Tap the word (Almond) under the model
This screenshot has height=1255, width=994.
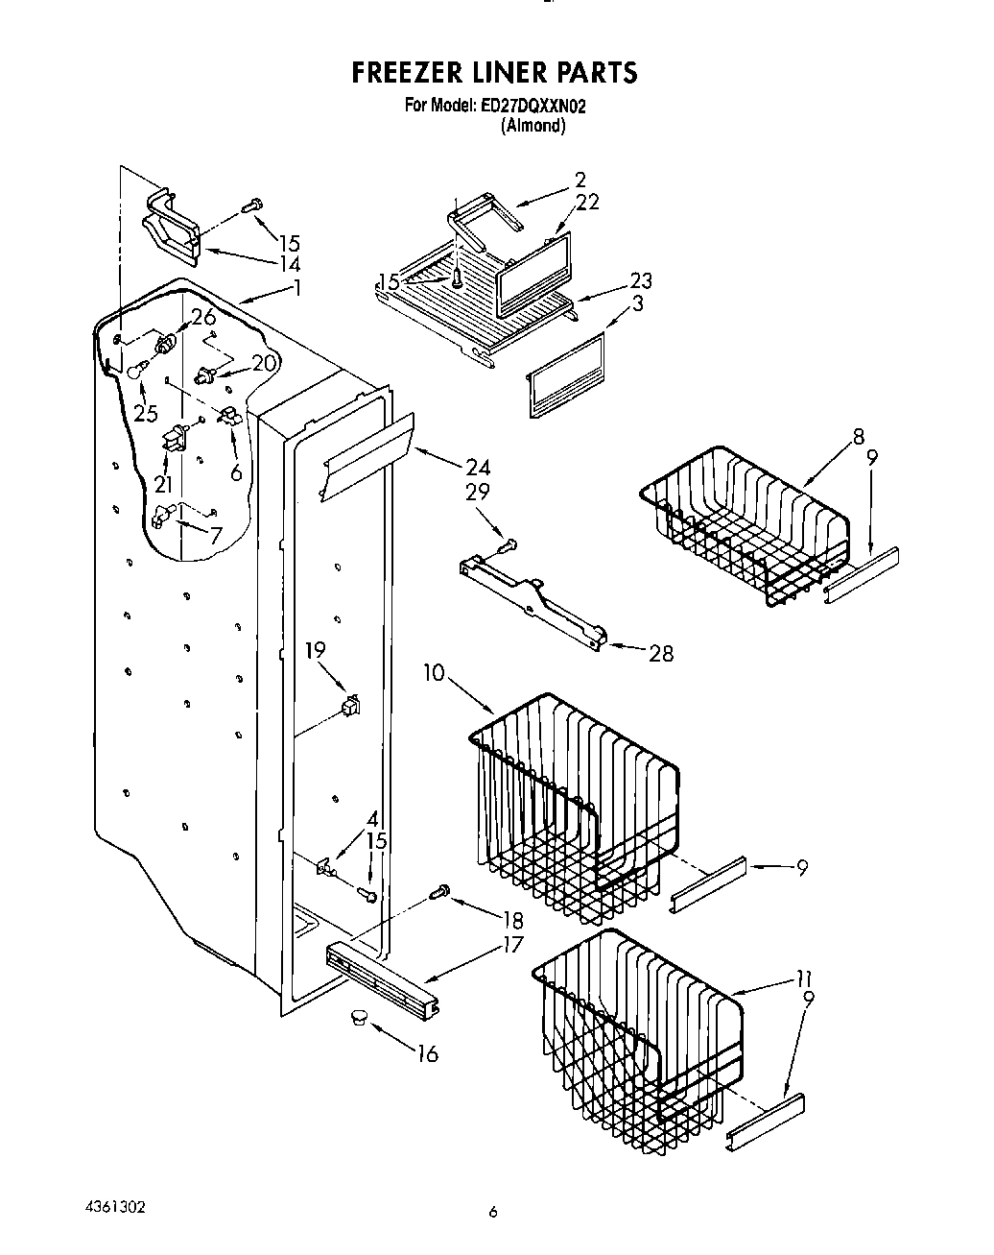[533, 126]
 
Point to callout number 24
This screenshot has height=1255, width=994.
[477, 468]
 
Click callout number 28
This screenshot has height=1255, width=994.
[660, 654]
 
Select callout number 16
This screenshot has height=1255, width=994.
[427, 1054]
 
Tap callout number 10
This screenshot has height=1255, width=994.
[434, 673]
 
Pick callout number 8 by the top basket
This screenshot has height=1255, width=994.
[858, 438]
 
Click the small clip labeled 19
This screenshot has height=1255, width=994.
[349, 708]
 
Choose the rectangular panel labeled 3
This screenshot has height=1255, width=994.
[566, 375]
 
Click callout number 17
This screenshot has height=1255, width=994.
[513, 945]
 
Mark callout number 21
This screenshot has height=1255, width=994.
[164, 483]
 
